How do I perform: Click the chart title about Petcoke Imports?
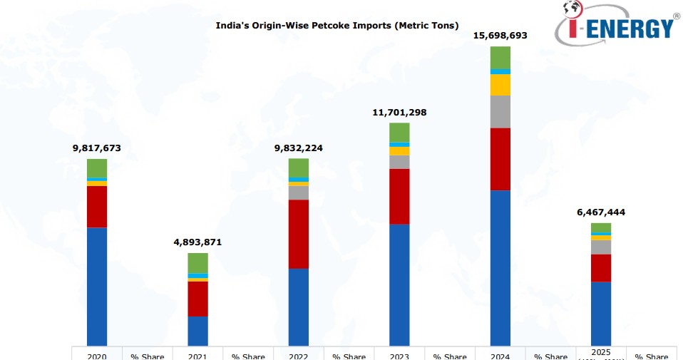coord(337,26)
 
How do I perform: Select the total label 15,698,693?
coord(500,35)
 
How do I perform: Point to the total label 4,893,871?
coord(197,242)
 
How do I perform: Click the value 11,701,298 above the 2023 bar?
coord(399,112)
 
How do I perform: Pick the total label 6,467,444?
coord(601,212)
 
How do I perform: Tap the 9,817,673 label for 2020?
coord(97,148)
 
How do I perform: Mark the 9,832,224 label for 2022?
coord(298,148)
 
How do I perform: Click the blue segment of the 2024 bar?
coord(500,267)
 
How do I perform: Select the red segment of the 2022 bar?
coord(298,234)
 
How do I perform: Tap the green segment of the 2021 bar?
coord(197,262)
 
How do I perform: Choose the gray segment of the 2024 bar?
coord(500,111)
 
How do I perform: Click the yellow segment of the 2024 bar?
coord(500,85)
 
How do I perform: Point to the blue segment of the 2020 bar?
coord(97,286)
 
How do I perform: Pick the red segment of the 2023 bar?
coord(399,196)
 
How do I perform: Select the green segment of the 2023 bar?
coord(399,132)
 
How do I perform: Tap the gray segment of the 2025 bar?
coord(601,247)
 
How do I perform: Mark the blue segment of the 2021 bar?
coord(197,331)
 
